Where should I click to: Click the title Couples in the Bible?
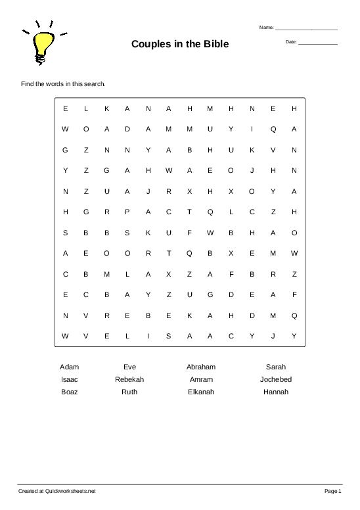pyautogui.click(x=180, y=44)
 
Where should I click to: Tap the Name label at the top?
pyautogui.click(x=266, y=28)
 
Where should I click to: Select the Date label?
pyautogui.click(x=291, y=42)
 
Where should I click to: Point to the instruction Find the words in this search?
pyautogui.click(x=63, y=84)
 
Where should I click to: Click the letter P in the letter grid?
pyautogui.click(x=127, y=212)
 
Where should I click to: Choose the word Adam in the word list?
pyautogui.click(x=69, y=367)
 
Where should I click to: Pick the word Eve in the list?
pyautogui.click(x=129, y=367)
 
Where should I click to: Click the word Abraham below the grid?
pyautogui.click(x=201, y=367)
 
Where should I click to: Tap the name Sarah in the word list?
pyautogui.click(x=276, y=367)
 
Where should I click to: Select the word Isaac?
pyautogui.click(x=69, y=379)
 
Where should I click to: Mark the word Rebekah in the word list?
pyautogui.click(x=129, y=379)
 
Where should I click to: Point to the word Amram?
pyautogui.click(x=201, y=379)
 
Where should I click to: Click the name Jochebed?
pyautogui.click(x=276, y=379)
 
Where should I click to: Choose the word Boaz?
pyautogui.click(x=69, y=392)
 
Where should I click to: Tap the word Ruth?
pyautogui.click(x=129, y=392)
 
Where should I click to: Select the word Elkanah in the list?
pyautogui.click(x=201, y=392)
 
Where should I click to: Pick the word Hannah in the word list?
pyautogui.click(x=276, y=392)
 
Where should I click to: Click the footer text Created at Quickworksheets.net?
pyautogui.click(x=57, y=491)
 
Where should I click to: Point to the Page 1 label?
pyautogui.click(x=333, y=491)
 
